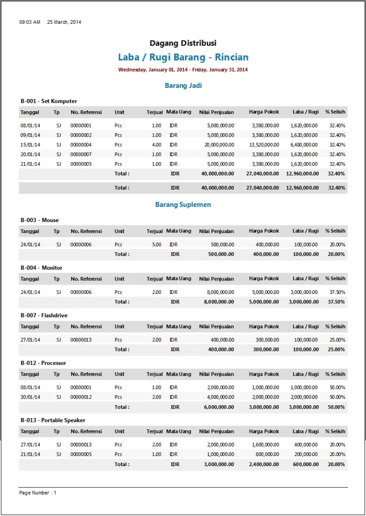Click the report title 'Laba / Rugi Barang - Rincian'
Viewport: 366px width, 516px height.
pos(183,58)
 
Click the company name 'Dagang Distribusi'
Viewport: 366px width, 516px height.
pos(183,43)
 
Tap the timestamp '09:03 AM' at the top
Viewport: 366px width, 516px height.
pos(30,22)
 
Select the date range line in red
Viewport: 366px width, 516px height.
pos(183,70)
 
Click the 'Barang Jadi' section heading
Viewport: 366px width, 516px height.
pos(183,86)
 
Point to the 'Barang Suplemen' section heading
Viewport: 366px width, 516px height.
pos(183,204)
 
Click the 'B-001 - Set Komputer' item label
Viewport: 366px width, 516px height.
pos(49,101)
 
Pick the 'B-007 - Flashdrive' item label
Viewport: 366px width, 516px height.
pos(44,315)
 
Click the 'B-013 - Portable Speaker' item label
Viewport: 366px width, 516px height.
pos(53,420)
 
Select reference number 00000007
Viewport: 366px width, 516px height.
pos(81,155)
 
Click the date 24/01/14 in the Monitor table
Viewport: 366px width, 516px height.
pos(30,292)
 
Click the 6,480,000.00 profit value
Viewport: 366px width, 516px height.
pos(304,145)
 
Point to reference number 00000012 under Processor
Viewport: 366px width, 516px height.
pos(81,397)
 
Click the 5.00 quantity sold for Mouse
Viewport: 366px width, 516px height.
pos(156,244)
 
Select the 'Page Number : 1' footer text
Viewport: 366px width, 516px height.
pos(38,493)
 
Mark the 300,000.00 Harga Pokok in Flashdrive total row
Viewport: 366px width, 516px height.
pos(267,350)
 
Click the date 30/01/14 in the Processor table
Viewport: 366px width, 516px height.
pos(30,397)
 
